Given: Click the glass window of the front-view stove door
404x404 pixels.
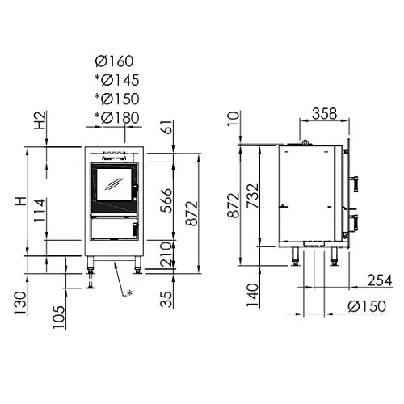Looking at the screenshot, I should click(x=113, y=183).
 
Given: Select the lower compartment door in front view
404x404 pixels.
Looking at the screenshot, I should click(x=112, y=230).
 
